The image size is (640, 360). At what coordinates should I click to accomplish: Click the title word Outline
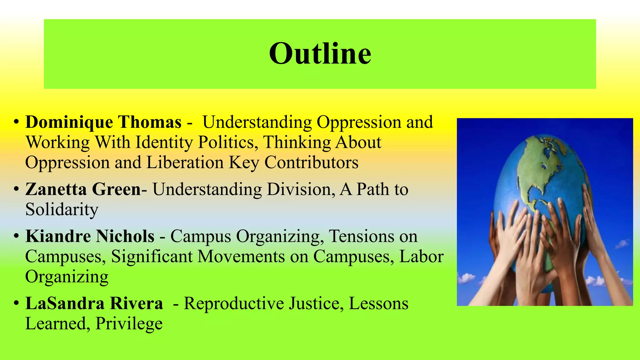pyautogui.click(x=320, y=54)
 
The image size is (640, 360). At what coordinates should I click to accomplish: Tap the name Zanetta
pyautogui.click(x=56, y=189)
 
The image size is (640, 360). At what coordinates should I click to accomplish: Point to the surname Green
pyautogui.click(x=116, y=189)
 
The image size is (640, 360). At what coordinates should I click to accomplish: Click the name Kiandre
pyautogui.click(x=58, y=236)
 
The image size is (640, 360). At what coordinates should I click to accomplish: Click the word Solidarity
pyautogui.click(x=62, y=210)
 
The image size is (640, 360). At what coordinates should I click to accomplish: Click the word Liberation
pyautogui.click(x=185, y=163)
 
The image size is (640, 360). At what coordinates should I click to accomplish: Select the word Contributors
pyautogui.click(x=311, y=163)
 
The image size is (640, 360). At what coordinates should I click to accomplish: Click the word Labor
pyautogui.click(x=421, y=257)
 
